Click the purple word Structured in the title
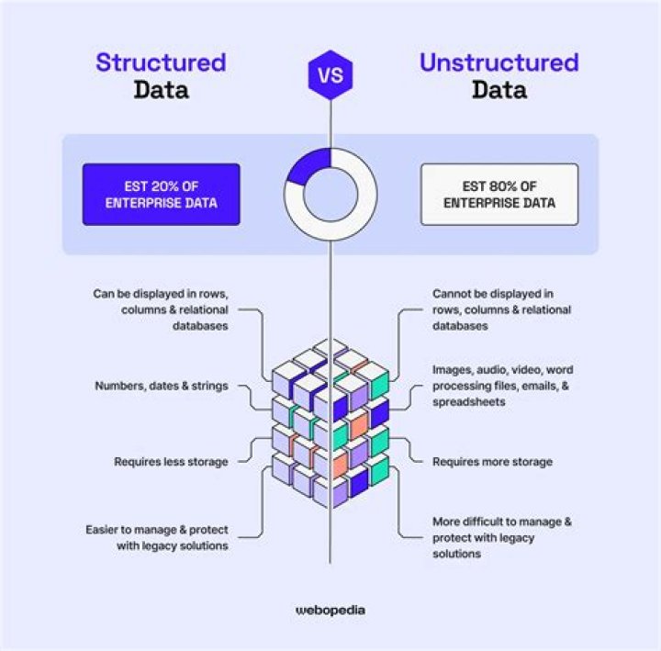[161, 62]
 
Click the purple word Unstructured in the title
[499, 62]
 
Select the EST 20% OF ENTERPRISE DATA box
[161, 194]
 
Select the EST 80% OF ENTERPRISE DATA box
[499, 194]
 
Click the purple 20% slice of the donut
[311, 163]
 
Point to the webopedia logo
[330, 609]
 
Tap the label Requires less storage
[171, 462]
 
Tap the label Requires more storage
[492, 462]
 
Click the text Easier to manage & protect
[157, 530]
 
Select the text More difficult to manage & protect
[502, 522]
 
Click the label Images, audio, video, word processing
[502, 385]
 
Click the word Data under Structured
[161, 90]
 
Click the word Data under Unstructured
[499, 90]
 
